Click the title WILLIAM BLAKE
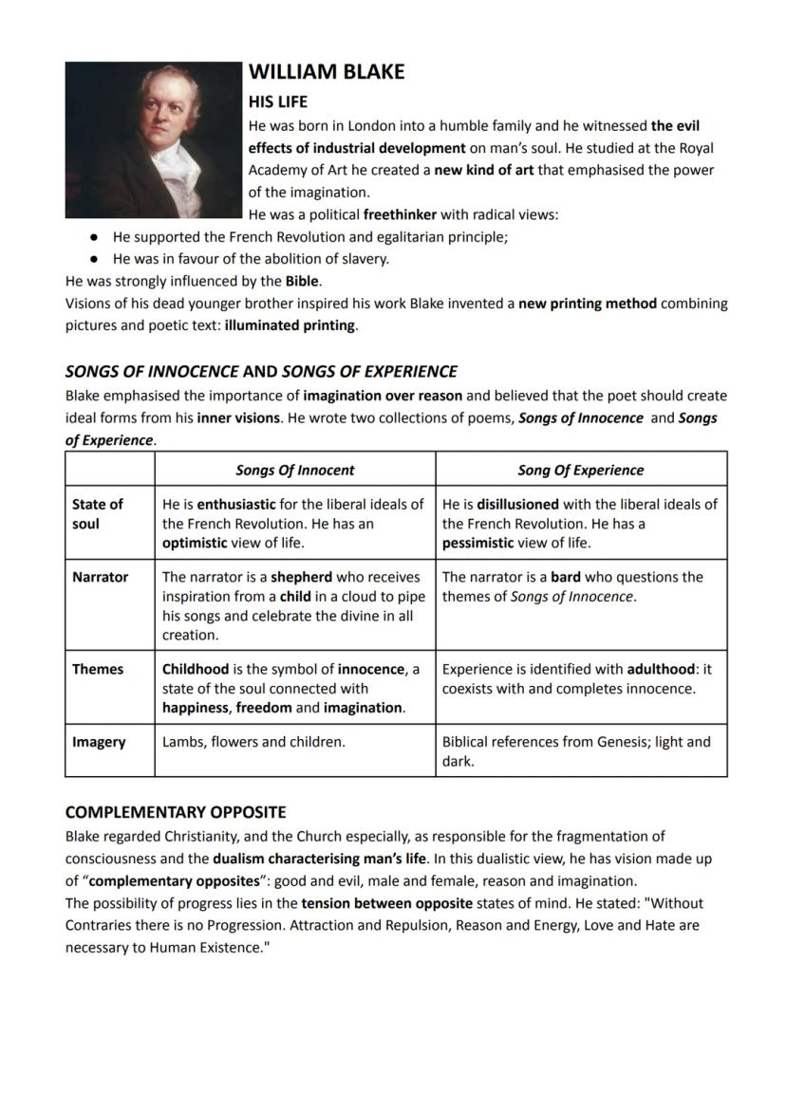(x=326, y=72)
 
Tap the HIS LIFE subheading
(x=277, y=101)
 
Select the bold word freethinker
(x=400, y=214)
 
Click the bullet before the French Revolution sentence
(x=94, y=237)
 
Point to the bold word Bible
(x=302, y=281)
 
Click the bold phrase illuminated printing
(x=290, y=325)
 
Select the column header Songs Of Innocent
(x=294, y=470)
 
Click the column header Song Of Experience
(x=580, y=470)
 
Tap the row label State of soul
(x=97, y=513)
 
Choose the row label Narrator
(x=100, y=577)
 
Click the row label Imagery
(x=98, y=742)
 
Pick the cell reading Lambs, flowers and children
(x=253, y=742)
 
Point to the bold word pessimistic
(x=478, y=543)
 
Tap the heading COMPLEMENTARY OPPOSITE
(x=175, y=812)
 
